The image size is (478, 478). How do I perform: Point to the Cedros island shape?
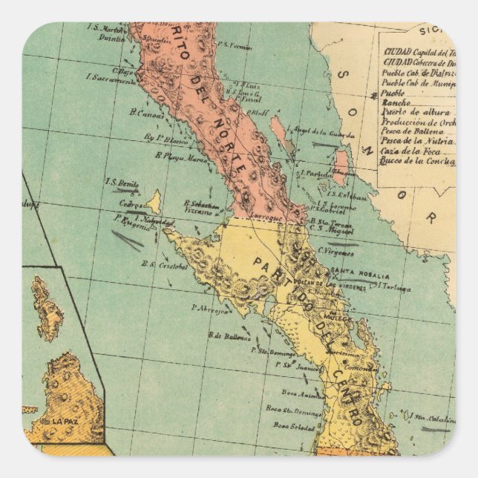(x=154, y=202)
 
